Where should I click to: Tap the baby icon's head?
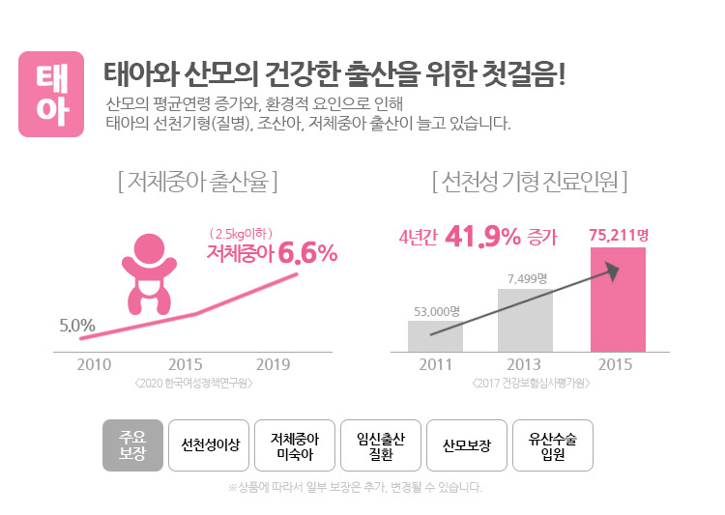pyautogui.click(x=149, y=248)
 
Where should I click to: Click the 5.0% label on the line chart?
pyautogui.click(x=76, y=325)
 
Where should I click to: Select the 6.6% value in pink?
pyautogui.click(x=307, y=254)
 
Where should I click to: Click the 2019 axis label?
pyautogui.click(x=274, y=364)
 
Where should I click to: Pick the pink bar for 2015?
pyautogui.click(x=618, y=299)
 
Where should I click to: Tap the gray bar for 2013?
pyautogui.click(x=525, y=320)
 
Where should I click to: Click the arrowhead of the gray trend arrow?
pyautogui.click(x=612, y=272)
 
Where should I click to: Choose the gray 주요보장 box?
pyautogui.click(x=132, y=445)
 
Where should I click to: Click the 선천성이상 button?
pyautogui.click(x=210, y=445)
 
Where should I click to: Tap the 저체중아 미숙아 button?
pyautogui.click(x=296, y=445)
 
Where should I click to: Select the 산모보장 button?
pyautogui.click(x=467, y=445)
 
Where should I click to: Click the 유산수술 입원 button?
pyautogui.click(x=552, y=445)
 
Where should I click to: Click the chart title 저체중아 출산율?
pyautogui.click(x=196, y=181)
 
